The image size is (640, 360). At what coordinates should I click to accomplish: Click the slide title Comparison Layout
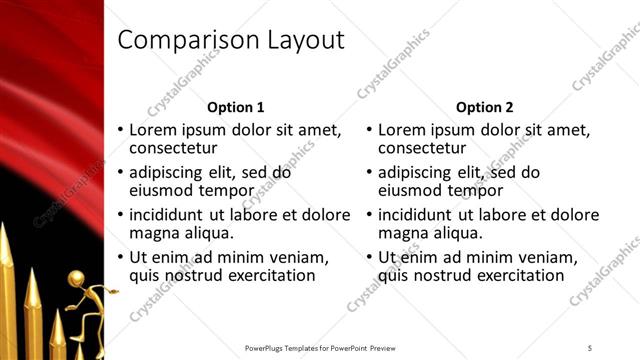pos(231,41)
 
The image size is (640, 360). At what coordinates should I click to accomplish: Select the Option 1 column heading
pos(235,107)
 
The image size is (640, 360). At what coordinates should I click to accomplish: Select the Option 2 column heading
pos(485,107)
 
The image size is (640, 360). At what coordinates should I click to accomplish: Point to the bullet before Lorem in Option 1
pos(121,131)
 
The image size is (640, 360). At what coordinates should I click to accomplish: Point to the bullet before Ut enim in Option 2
pos(370,257)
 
